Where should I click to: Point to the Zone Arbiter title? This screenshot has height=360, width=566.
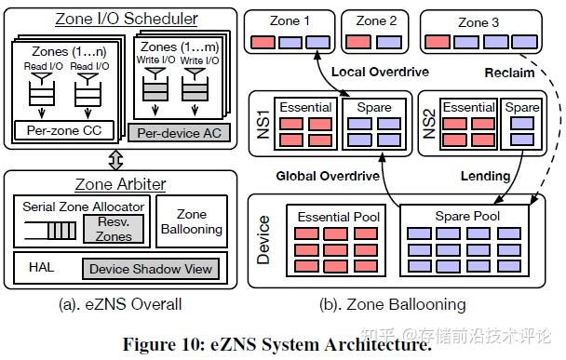point(115,183)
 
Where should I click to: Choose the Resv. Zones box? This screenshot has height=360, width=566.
point(113,229)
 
